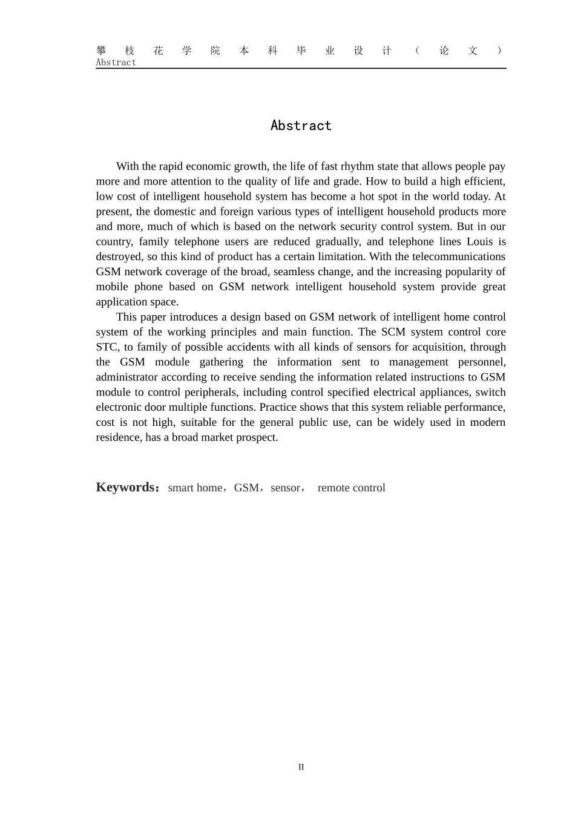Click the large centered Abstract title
tap(301, 126)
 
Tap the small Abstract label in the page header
tap(116, 62)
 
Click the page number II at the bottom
tap(301, 767)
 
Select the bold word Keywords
tap(125, 488)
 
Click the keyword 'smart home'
tap(195, 488)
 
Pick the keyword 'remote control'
tap(351, 488)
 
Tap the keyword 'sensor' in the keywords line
tap(285, 488)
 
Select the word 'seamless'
tap(294, 272)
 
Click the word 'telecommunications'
tap(458, 256)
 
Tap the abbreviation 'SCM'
tap(393, 332)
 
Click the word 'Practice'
tap(278, 408)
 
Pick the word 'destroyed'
tap(119, 256)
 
